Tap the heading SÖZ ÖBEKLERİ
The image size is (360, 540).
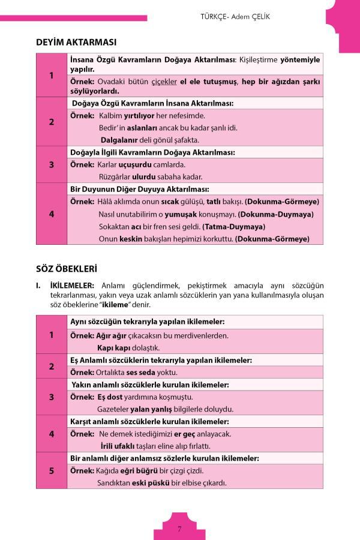pyautogui.click(x=67, y=268)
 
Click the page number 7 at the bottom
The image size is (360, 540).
pyautogui.click(x=179, y=529)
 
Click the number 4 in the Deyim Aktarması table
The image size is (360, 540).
pyautogui.click(x=52, y=214)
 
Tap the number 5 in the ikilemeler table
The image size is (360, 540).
pyautogui.click(x=52, y=470)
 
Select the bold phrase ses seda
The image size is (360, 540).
pyautogui.click(x=140, y=372)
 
